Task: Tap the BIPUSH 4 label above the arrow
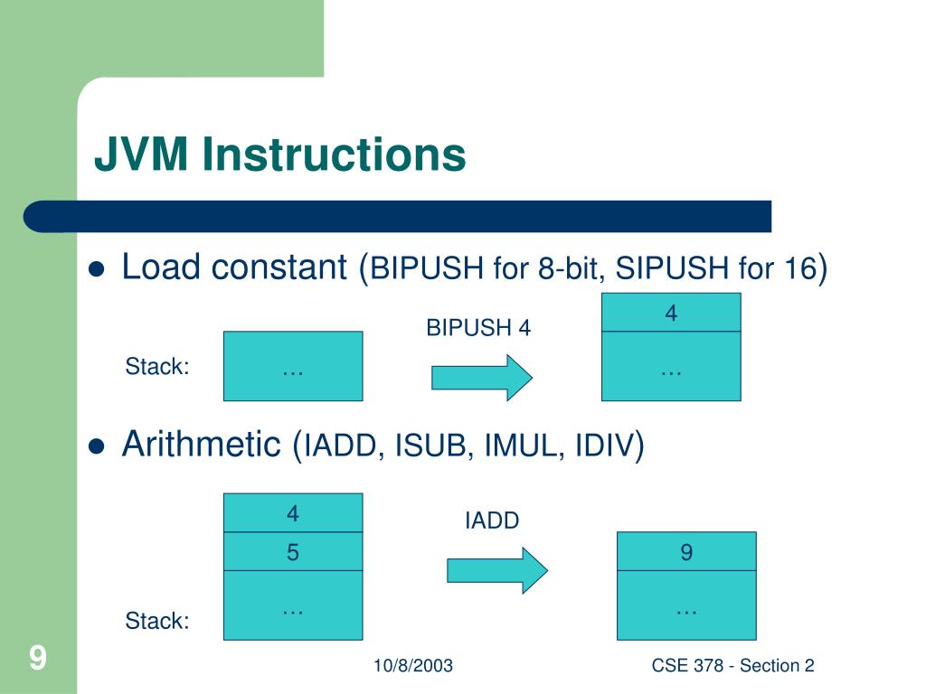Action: tap(478, 328)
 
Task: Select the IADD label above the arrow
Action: tap(492, 520)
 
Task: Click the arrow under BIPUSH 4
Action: tap(482, 377)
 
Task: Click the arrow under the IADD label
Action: tap(497, 570)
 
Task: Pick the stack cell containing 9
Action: tap(686, 552)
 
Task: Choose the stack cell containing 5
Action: tap(293, 552)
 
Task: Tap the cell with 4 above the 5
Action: tap(293, 513)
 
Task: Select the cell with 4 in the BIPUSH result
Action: tap(671, 313)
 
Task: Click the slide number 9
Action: tap(37, 657)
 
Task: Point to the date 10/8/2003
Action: tap(413, 666)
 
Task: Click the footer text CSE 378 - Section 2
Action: tap(732, 666)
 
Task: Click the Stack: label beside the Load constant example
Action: tap(156, 367)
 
